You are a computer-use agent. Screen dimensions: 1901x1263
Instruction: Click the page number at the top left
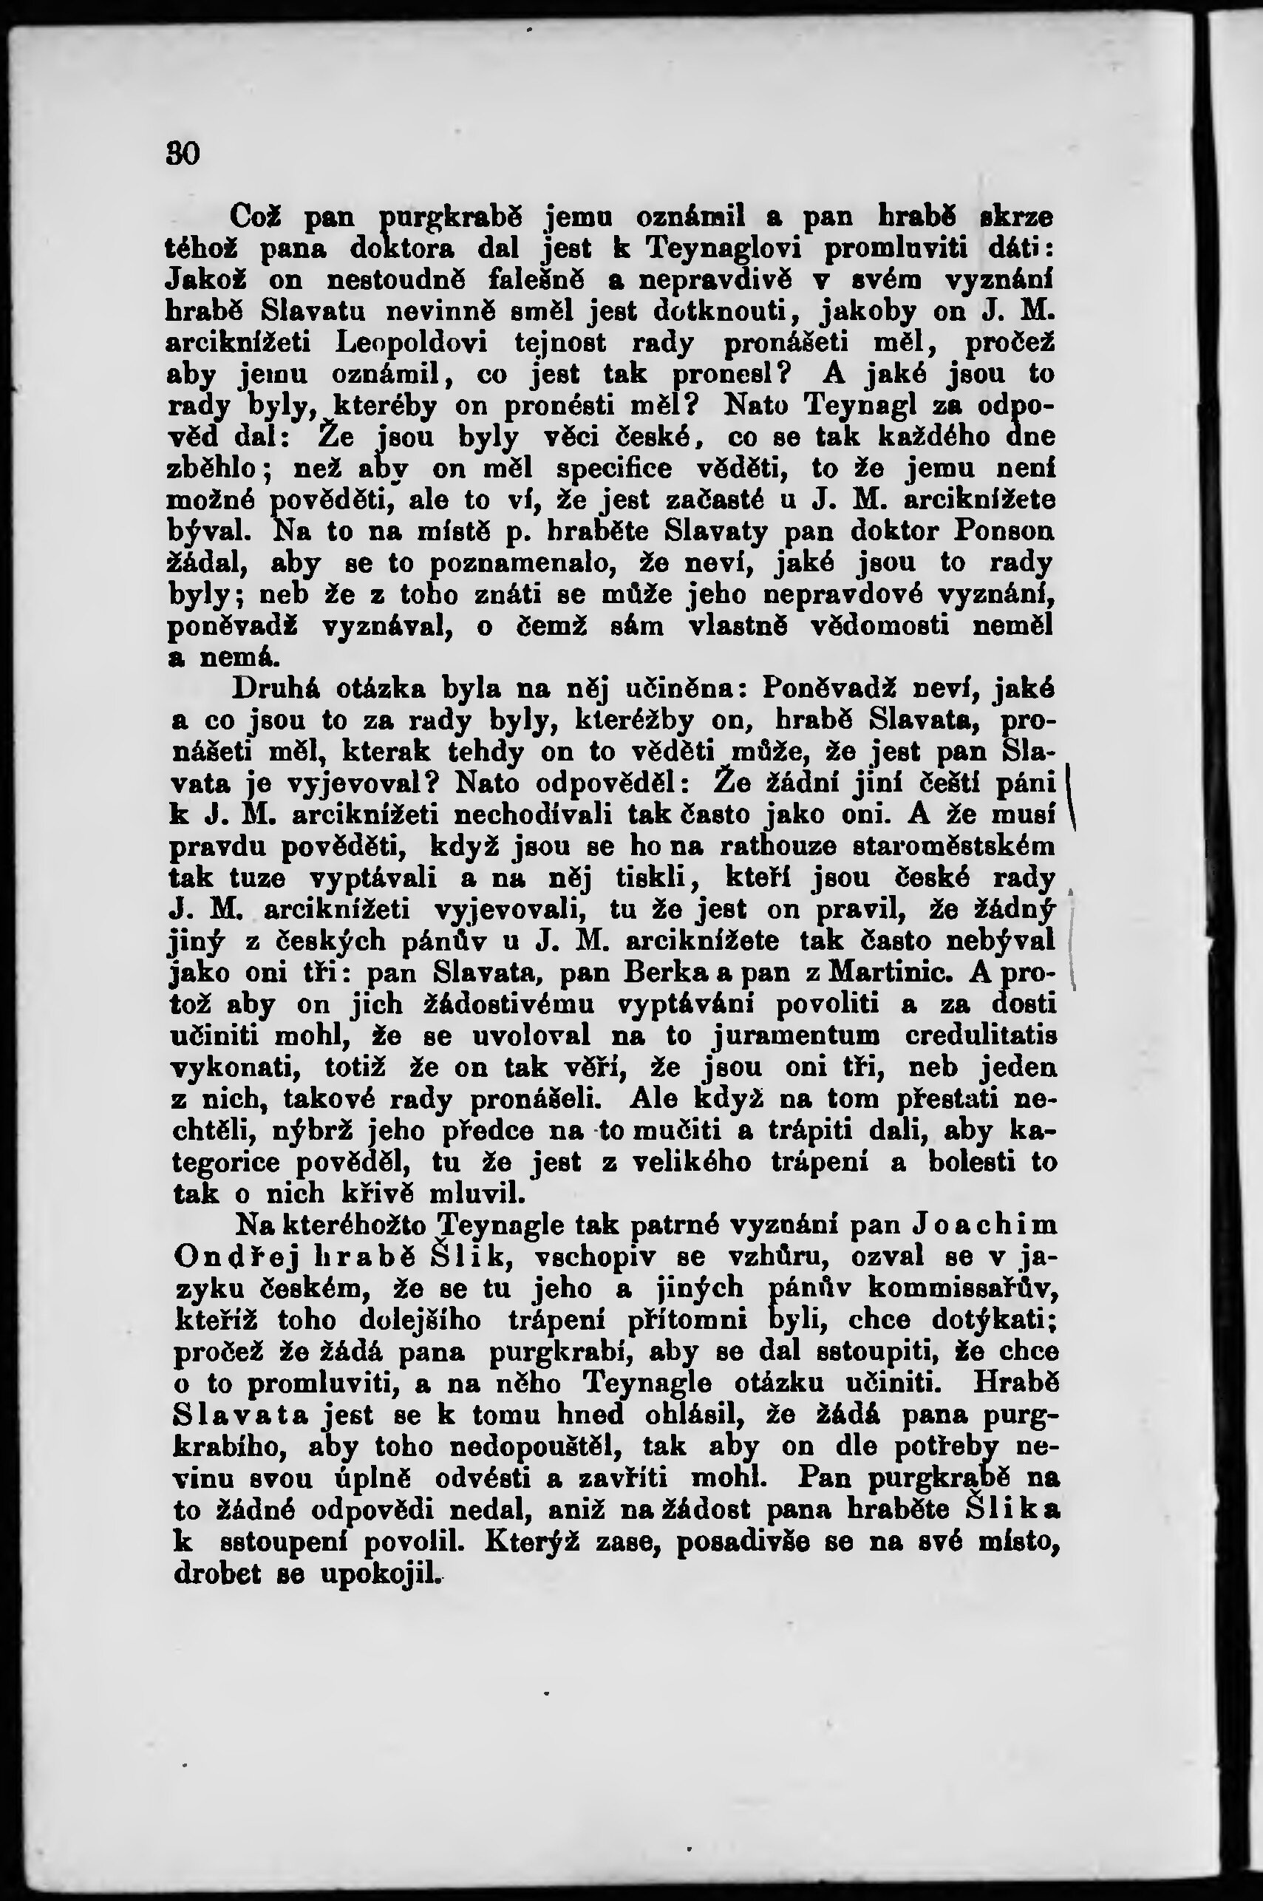click(183, 152)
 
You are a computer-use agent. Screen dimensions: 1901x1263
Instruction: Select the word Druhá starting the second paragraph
click(276, 690)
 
